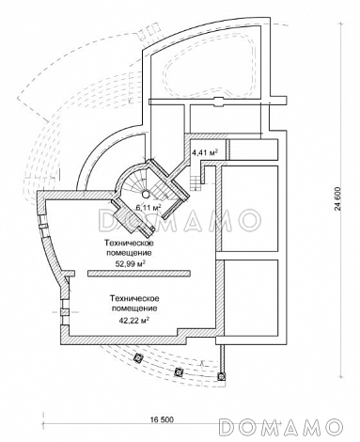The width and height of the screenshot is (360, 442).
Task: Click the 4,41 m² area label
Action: pos(205,152)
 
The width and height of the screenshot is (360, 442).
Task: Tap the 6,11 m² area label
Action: pos(149,207)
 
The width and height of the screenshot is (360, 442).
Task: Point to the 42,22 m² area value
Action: pos(133,320)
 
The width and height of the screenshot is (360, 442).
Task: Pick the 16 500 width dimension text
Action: pos(162,419)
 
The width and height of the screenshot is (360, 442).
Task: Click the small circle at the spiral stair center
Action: pos(146,194)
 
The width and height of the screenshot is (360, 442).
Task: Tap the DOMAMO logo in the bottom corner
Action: pos(280,427)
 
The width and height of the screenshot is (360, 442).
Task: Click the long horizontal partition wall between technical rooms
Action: pos(139,273)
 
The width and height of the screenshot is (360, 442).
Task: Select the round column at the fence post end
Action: pos(222,376)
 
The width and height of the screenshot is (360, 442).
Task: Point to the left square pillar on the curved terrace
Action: pos(138,357)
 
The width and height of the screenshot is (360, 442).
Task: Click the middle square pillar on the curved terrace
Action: pos(179,371)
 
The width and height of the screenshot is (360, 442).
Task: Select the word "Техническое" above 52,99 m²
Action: pos(129,243)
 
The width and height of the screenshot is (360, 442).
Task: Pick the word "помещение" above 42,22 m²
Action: pos(134,308)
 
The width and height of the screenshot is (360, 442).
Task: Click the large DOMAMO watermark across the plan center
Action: pos(180,220)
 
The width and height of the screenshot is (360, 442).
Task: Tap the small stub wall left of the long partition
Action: pos(70,273)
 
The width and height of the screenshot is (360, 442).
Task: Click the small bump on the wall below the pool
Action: pos(219,103)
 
